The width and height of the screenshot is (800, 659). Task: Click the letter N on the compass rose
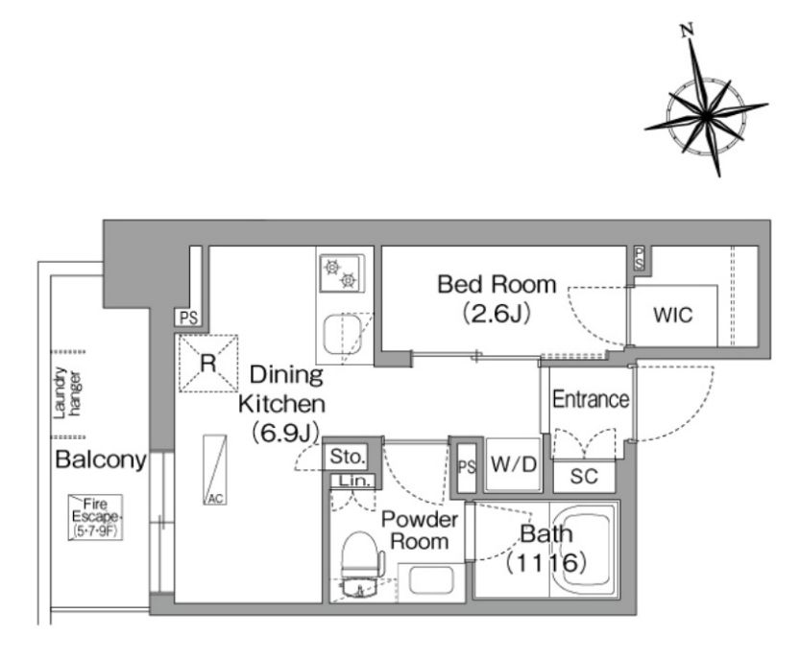click(688, 31)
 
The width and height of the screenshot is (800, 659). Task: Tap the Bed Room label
click(497, 284)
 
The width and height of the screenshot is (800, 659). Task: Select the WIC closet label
click(673, 315)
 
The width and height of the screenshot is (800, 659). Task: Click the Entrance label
click(591, 399)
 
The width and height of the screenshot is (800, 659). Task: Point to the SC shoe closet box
click(584, 477)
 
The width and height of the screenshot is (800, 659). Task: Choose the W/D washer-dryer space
click(513, 464)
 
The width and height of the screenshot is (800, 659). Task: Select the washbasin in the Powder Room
click(431, 581)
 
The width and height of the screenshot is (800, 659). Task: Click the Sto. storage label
click(348, 457)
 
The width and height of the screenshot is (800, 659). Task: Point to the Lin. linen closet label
click(354, 481)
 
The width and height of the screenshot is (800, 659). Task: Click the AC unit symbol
click(215, 469)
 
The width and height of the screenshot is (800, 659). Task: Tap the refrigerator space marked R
click(208, 363)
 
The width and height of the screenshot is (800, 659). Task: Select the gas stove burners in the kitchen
click(340, 273)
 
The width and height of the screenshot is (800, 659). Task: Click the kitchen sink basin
click(342, 335)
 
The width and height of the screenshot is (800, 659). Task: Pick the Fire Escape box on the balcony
click(95, 517)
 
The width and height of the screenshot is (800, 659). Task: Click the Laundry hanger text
click(67, 393)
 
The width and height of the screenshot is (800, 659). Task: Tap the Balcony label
click(101, 459)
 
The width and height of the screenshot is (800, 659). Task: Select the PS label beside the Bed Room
click(640, 259)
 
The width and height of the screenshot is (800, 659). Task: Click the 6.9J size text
click(285, 433)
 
